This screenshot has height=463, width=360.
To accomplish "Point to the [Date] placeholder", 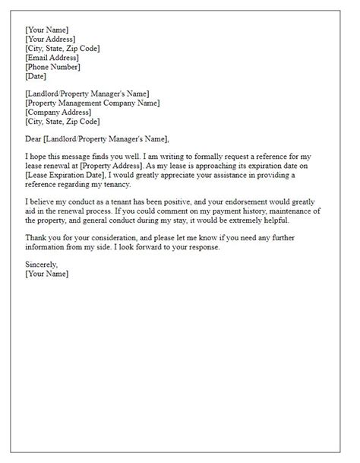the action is pos(36,76).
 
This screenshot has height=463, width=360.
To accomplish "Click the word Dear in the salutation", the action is pos(34,138).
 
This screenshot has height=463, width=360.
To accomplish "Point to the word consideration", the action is pos(117,239).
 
